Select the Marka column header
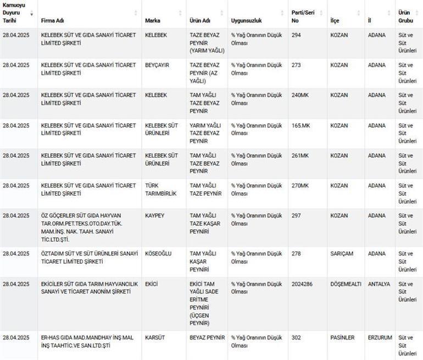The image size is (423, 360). [x=153, y=20]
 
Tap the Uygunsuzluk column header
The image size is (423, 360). [x=247, y=20]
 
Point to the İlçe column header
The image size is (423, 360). [x=335, y=20]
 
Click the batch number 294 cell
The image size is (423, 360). [x=297, y=35]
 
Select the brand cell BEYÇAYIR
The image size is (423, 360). [x=157, y=65]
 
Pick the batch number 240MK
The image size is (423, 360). [x=300, y=95]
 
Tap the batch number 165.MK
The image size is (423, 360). [x=300, y=125]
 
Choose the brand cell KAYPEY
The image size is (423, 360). [x=154, y=216]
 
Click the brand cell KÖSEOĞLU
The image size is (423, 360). [x=158, y=253]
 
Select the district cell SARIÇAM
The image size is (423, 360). [x=342, y=253]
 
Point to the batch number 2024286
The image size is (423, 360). [x=303, y=284]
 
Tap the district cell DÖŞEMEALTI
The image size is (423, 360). [x=346, y=284]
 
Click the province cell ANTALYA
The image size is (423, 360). [x=379, y=284]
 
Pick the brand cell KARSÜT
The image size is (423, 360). [x=155, y=337]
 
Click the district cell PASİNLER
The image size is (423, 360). [x=342, y=337]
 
